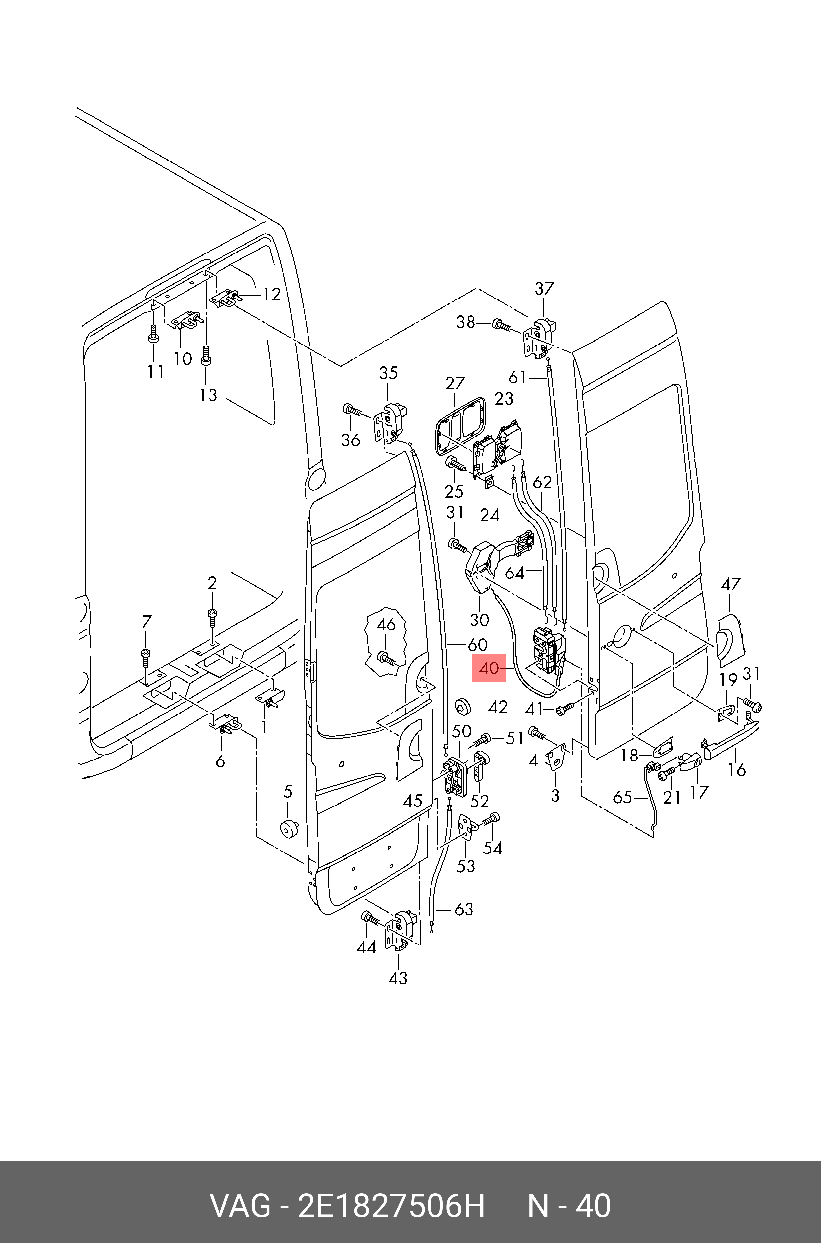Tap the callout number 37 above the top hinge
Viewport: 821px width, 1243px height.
(x=544, y=288)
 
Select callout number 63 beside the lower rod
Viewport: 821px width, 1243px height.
(x=463, y=910)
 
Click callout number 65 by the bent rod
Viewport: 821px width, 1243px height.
(x=623, y=797)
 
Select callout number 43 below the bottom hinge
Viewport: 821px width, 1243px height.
(x=398, y=978)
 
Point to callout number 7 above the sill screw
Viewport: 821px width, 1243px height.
(x=146, y=622)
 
